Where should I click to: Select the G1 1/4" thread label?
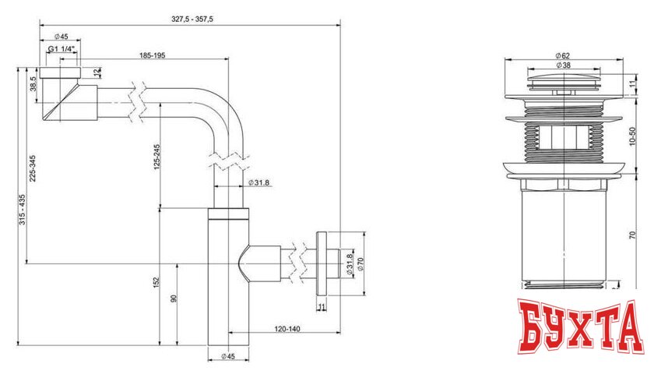coord(62,50)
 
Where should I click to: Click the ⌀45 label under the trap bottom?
coord(227,357)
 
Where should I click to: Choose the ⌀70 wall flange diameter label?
coord(360,264)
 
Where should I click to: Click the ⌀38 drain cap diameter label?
coord(564,65)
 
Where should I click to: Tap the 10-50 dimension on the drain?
coord(633,139)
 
